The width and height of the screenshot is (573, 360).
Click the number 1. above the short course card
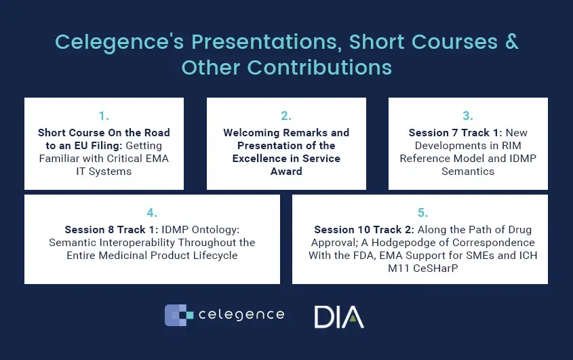click(x=104, y=116)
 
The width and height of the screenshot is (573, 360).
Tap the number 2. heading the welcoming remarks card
click(x=286, y=116)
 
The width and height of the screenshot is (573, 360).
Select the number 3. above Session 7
click(x=468, y=116)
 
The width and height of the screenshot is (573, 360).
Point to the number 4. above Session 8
click(x=152, y=213)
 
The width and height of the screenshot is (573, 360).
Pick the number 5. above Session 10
click(x=423, y=213)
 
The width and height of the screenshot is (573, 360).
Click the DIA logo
click(x=339, y=317)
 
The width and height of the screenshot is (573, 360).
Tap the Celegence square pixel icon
click(x=179, y=315)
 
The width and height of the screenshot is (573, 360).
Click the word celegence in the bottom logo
click(x=241, y=315)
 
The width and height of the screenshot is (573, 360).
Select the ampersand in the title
click(x=511, y=41)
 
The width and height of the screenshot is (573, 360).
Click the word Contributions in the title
click(x=319, y=68)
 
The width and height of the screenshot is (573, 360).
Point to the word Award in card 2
click(x=286, y=172)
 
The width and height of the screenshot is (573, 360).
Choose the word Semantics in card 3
click(x=468, y=172)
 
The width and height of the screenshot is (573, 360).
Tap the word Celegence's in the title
click(x=119, y=42)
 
